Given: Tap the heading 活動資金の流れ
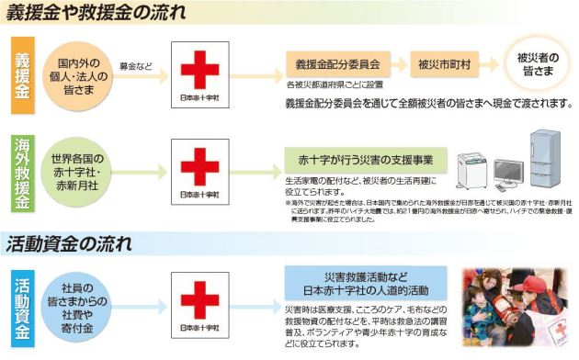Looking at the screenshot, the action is click(x=73, y=244).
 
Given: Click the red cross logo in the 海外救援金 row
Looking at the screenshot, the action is click(x=199, y=171).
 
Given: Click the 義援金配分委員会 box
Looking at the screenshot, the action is click(x=338, y=65).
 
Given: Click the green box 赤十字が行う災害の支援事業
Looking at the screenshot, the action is click(x=366, y=157).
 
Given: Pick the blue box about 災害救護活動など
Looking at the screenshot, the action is click(x=366, y=282).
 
